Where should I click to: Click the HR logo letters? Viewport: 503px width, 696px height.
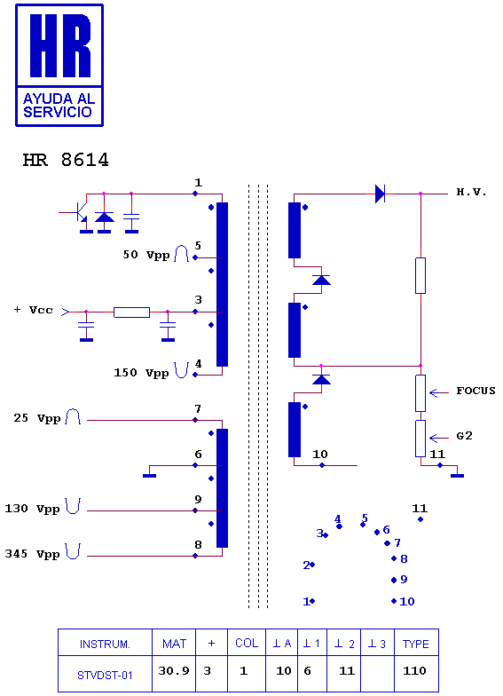60,45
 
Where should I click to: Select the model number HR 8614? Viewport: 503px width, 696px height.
66,160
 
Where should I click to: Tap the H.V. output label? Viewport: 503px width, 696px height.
472,192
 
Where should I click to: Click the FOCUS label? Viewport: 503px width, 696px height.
475,391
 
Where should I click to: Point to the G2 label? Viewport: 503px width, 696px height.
465,436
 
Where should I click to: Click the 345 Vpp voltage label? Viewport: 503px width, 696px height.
32,554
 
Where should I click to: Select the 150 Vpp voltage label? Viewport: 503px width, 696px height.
142,373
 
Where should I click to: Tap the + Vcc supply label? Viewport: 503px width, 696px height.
34,310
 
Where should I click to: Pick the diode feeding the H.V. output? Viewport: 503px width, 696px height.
380,194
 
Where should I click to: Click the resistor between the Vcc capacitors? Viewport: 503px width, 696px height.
131,312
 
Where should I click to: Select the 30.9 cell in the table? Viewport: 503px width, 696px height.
174,671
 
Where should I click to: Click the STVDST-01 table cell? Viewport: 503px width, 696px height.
105,676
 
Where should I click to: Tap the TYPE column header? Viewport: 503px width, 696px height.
415,645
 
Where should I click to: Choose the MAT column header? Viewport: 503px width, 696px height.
174,644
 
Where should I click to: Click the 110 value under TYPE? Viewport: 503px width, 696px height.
414,671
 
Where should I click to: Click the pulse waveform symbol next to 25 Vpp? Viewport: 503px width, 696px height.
73,417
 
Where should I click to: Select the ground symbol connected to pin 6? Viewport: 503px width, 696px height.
149,476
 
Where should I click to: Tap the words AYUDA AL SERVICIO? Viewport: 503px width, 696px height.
59,105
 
